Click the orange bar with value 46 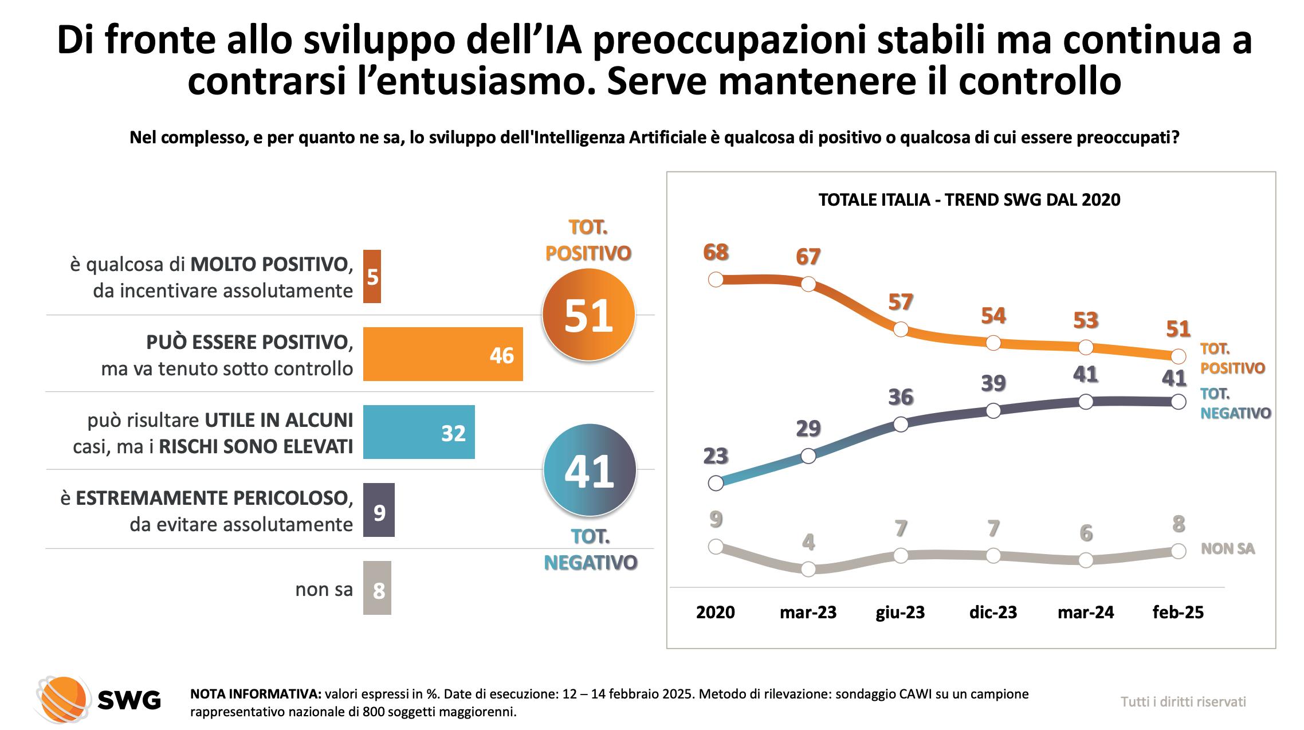click(442, 354)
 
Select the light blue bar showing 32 click(418, 432)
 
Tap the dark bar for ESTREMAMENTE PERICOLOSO click(379, 510)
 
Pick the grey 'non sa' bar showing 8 click(377, 588)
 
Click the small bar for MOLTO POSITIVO click(372, 276)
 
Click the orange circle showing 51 click(588, 315)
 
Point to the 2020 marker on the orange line click(716, 280)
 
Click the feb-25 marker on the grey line click(1178, 551)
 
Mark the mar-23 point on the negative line click(808, 456)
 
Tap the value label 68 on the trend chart click(716, 252)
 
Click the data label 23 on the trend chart click(716, 456)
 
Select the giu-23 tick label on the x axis click(901, 613)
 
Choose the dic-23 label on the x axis click(993, 613)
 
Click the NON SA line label click(1227, 549)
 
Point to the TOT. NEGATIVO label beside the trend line click(1235, 403)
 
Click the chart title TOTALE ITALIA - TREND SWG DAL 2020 click(969, 200)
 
